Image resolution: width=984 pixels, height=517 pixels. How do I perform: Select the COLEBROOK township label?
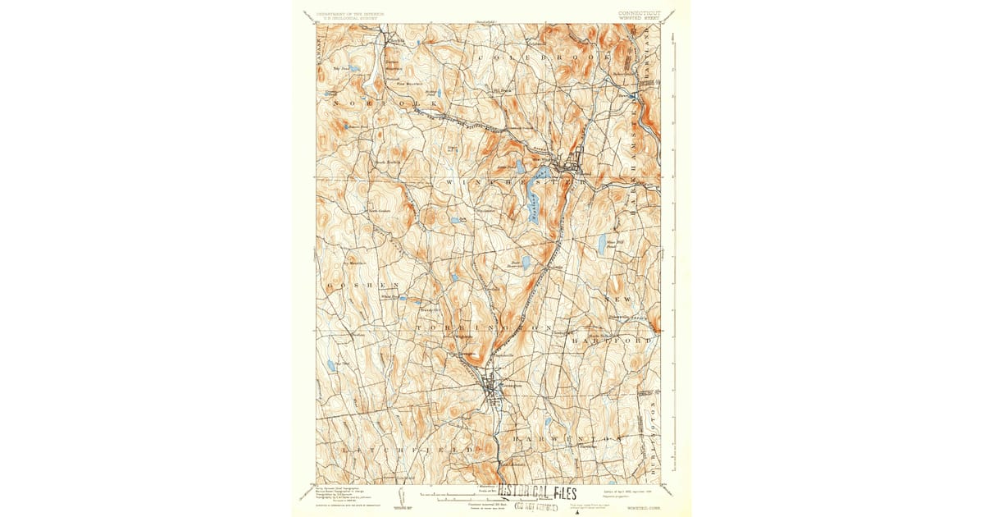[541, 60]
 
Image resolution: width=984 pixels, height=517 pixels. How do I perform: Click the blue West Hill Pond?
[602, 243]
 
